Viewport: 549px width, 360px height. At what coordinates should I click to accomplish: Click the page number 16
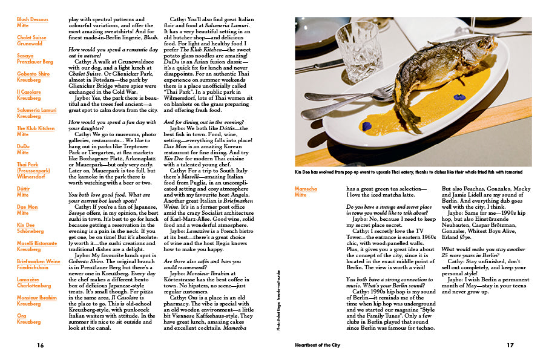coord(40,345)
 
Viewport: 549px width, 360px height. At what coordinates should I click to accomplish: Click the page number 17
coord(510,345)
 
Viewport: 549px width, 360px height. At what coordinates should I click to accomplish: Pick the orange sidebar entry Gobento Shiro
coord(33,73)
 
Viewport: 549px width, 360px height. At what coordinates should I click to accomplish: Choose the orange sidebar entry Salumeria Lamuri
coord(36,110)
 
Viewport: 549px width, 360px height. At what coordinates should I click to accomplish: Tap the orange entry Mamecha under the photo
coord(306,189)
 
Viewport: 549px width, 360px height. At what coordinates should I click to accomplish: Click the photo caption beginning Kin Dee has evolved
coord(408,172)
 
